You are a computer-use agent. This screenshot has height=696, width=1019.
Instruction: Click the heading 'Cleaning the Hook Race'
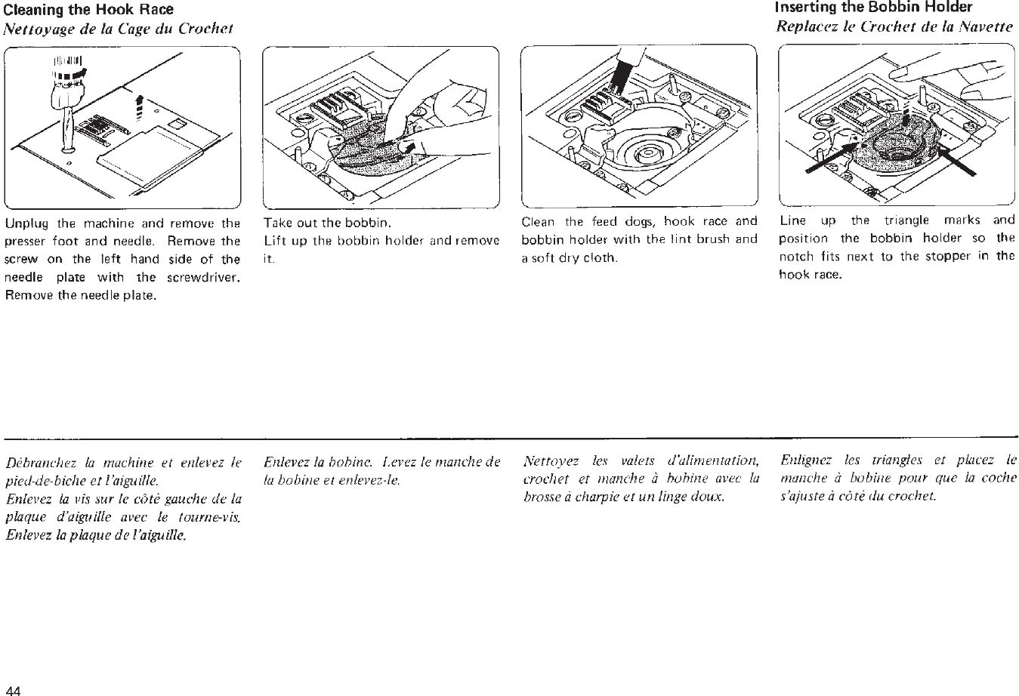click(x=89, y=10)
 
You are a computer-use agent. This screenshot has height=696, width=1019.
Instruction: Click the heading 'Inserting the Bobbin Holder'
click(x=874, y=8)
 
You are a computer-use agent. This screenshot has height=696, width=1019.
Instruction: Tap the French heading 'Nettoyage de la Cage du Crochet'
click(x=119, y=29)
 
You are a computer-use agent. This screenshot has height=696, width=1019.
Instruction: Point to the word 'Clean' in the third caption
click(x=538, y=222)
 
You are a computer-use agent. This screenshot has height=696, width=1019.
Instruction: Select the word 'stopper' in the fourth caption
click(x=953, y=256)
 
